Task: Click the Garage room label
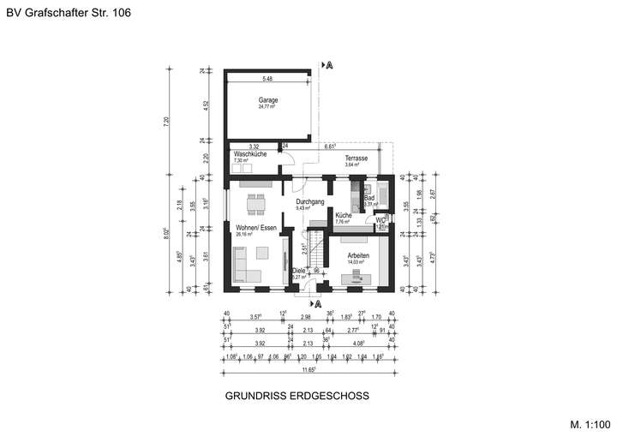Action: click(267, 99)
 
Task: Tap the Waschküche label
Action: click(249, 154)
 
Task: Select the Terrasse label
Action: click(356, 158)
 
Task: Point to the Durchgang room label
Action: click(309, 201)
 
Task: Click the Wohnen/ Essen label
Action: click(256, 227)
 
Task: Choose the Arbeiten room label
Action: click(358, 256)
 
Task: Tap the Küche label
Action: click(344, 215)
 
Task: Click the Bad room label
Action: click(369, 198)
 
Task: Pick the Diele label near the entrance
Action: click(298, 271)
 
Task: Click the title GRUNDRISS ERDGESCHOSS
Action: click(297, 397)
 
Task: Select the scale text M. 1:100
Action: click(590, 423)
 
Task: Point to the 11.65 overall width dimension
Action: click(308, 369)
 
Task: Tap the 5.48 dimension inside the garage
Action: click(267, 79)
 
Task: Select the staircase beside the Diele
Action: click(314, 251)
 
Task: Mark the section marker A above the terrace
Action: click(328, 64)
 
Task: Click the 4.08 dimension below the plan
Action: click(360, 341)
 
